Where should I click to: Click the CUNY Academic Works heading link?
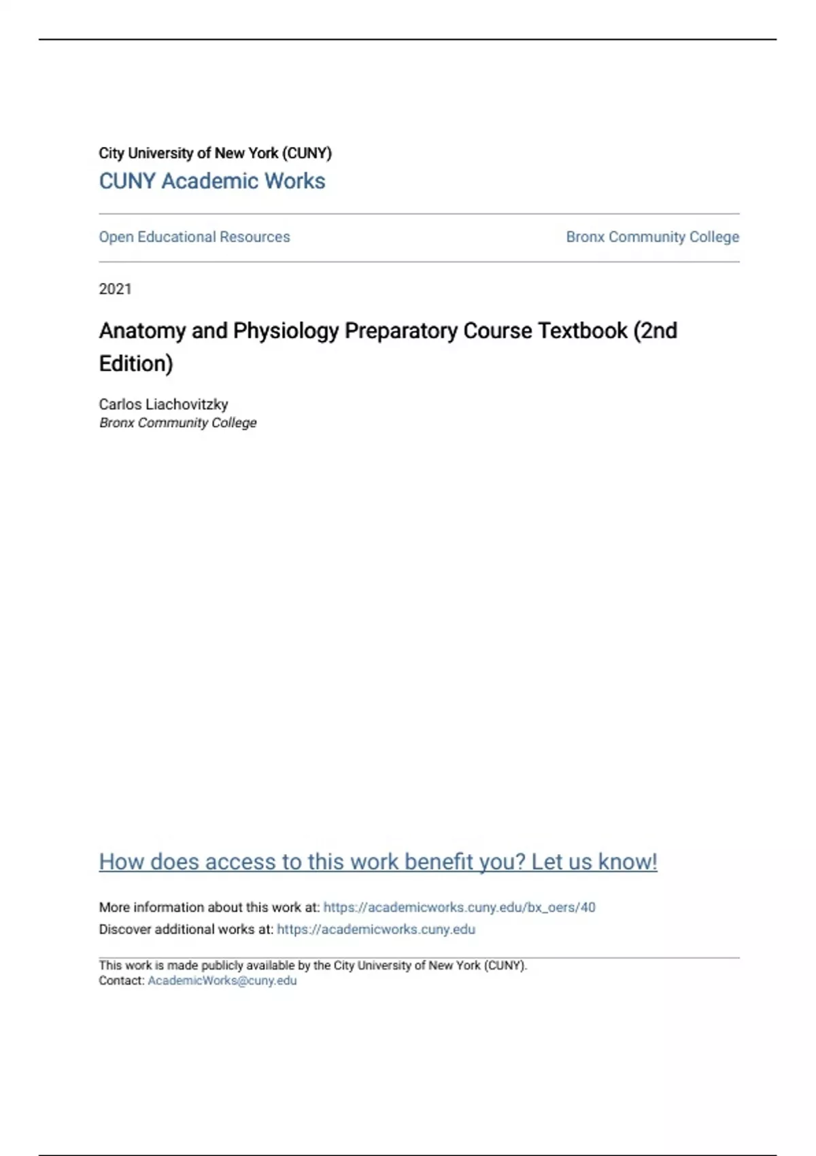pyautogui.click(x=211, y=181)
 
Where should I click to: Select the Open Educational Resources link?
pyautogui.click(x=194, y=237)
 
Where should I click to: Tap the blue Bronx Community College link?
pyautogui.click(x=652, y=237)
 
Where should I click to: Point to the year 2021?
pyautogui.click(x=115, y=289)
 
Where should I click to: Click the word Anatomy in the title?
pyautogui.click(x=142, y=331)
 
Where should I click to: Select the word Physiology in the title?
pyautogui.click(x=286, y=331)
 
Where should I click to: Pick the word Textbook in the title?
pyautogui.click(x=582, y=331)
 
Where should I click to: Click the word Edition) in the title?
pyautogui.click(x=136, y=364)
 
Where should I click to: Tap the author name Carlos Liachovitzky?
pyautogui.click(x=163, y=404)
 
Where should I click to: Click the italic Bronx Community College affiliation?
pyautogui.click(x=177, y=423)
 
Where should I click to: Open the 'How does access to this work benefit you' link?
pyautogui.click(x=377, y=862)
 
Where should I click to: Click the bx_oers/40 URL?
pyautogui.click(x=459, y=907)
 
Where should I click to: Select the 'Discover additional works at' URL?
pyautogui.click(x=376, y=929)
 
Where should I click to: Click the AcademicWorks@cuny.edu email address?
pyautogui.click(x=222, y=981)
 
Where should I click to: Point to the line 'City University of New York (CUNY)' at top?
pyautogui.click(x=215, y=153)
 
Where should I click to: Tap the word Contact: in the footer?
pyautogui.click(x=121, y=981)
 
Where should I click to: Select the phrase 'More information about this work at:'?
pyautogui.click(x=209, y=907)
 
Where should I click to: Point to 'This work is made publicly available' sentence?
pyautogui.click(x=312, y=965)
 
